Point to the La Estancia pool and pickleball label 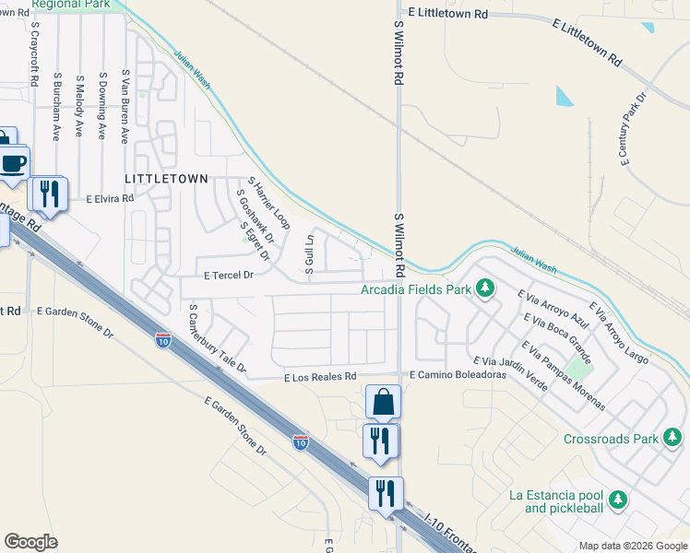pyautogui.click(x=556, y=501)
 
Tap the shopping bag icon pyautogui.click(x=383, y=403)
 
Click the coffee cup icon pyautogui.click(x=13, y=164)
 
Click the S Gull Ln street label pyautogui.click(x=311, y=253)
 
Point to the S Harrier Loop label pyautogui.click(x=268, y=204)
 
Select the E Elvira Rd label pyautogui.click(x=110, y=198)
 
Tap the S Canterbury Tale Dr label pyautogui.click(x=218, y=339)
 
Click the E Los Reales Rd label pyautogui.click(x=320, y=377)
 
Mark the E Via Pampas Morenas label pyautogui.click(x=563, y=375)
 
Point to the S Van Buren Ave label pyautogui.click(x=125, y=107)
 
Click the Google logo pyautogui.click(x=31, y=542)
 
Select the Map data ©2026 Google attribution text pyautogui.click(x=632, y=546)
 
